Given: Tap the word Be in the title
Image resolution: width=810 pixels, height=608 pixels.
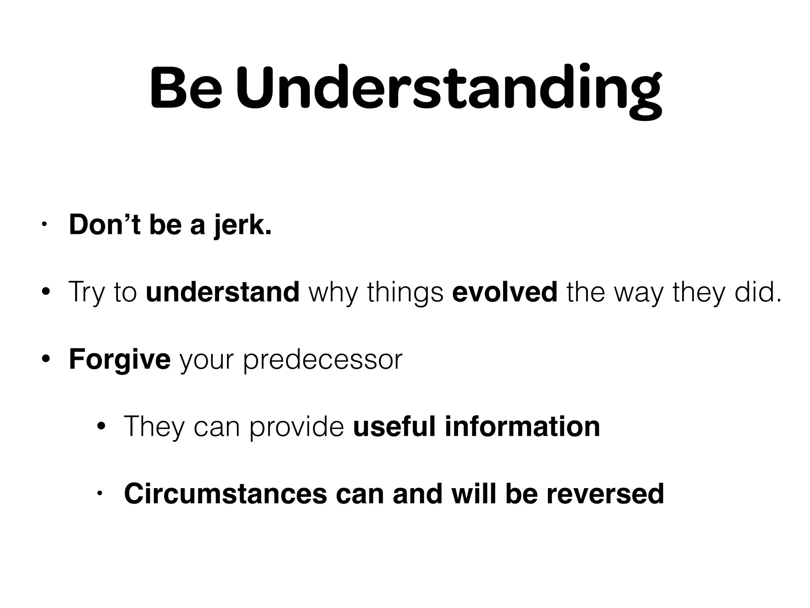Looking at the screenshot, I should [185, 88].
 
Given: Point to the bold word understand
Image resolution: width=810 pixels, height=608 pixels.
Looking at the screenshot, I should [223, 292].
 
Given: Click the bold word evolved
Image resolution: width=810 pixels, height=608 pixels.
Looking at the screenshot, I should [505, 292].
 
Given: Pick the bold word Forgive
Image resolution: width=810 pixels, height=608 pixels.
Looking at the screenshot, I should [119, 359].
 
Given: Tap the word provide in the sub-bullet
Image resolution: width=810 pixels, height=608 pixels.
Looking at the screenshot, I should [297, 427].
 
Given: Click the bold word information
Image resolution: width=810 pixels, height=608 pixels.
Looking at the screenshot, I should [522, 426].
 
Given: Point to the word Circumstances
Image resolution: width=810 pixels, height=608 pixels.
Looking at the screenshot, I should [225, 494].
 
